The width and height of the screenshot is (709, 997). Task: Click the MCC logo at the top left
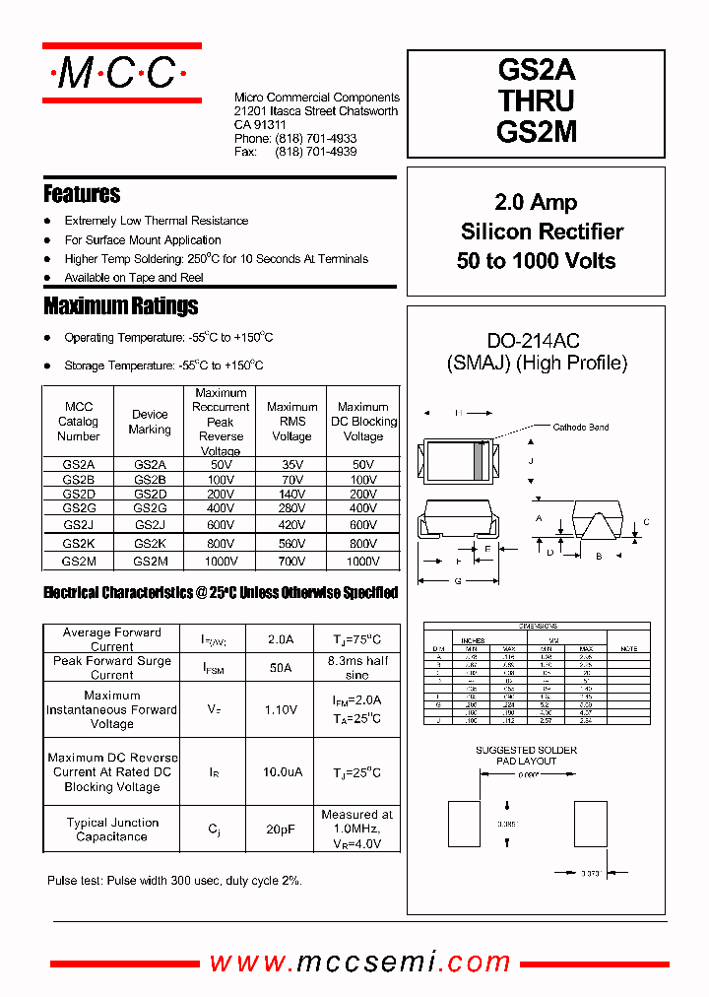point(121,72)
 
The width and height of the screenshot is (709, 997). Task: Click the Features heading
point(82,194)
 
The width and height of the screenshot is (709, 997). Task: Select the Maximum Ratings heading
point(120,305)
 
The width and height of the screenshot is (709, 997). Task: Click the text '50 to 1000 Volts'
point(537,261)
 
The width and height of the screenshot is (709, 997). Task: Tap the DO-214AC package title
point(533,341)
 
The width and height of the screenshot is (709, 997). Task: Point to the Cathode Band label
point(580,428)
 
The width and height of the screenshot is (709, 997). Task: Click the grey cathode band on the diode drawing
point(481,460)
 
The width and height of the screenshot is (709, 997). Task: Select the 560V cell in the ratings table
point(291,543)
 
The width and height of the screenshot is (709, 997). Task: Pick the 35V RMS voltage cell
point(291,464)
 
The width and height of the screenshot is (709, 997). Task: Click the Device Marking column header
point(150,422)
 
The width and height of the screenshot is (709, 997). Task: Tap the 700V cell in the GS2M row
point(291,561)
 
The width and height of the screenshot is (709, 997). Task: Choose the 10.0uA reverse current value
point(281,773)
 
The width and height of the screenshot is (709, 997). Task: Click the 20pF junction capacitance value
point(281,830)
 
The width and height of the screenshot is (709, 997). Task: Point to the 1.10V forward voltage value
point(281,708)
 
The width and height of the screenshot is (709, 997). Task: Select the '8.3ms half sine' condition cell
point(357,668)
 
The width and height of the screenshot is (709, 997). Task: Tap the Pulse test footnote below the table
point(174,881)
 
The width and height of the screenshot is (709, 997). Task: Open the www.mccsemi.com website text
point(359,963)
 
